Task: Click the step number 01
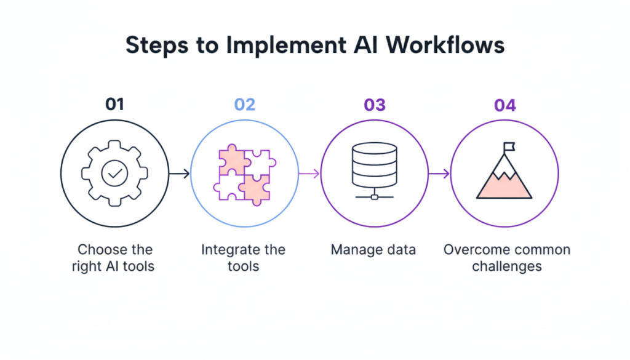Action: [114, 105]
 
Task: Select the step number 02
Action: [244, 105]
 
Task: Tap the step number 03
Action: [374, 105]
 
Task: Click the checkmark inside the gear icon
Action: [114, 174]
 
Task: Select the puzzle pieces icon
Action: [244, 174]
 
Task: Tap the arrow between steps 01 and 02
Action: [179, 174]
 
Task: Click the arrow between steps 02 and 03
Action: [309, 174]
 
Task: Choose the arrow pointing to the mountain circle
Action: [439, 174]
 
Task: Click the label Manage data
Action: [373, 250]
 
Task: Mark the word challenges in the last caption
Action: [506, 266]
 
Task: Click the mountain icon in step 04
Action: [504, 182]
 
